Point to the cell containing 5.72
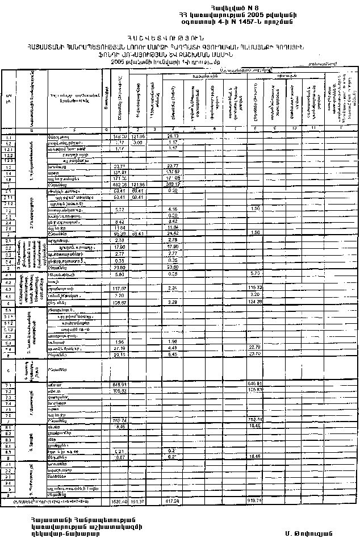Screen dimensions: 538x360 119,210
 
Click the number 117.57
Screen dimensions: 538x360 118,288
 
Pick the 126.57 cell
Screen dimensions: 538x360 118,303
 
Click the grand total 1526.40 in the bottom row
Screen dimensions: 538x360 118,502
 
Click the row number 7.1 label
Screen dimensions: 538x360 9,385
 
